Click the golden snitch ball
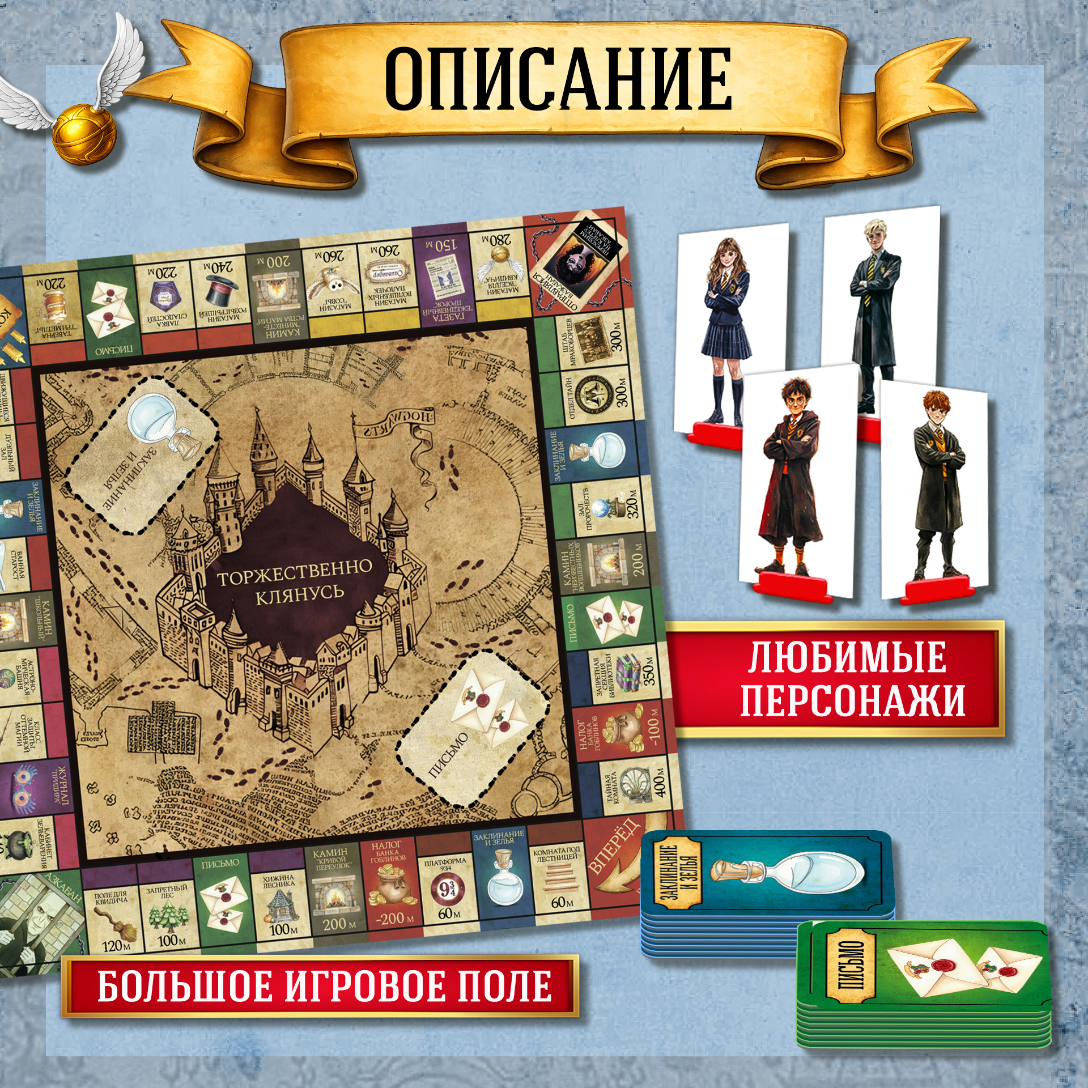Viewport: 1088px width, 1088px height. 84,135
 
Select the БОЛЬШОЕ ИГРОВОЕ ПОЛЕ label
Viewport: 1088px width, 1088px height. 324,986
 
